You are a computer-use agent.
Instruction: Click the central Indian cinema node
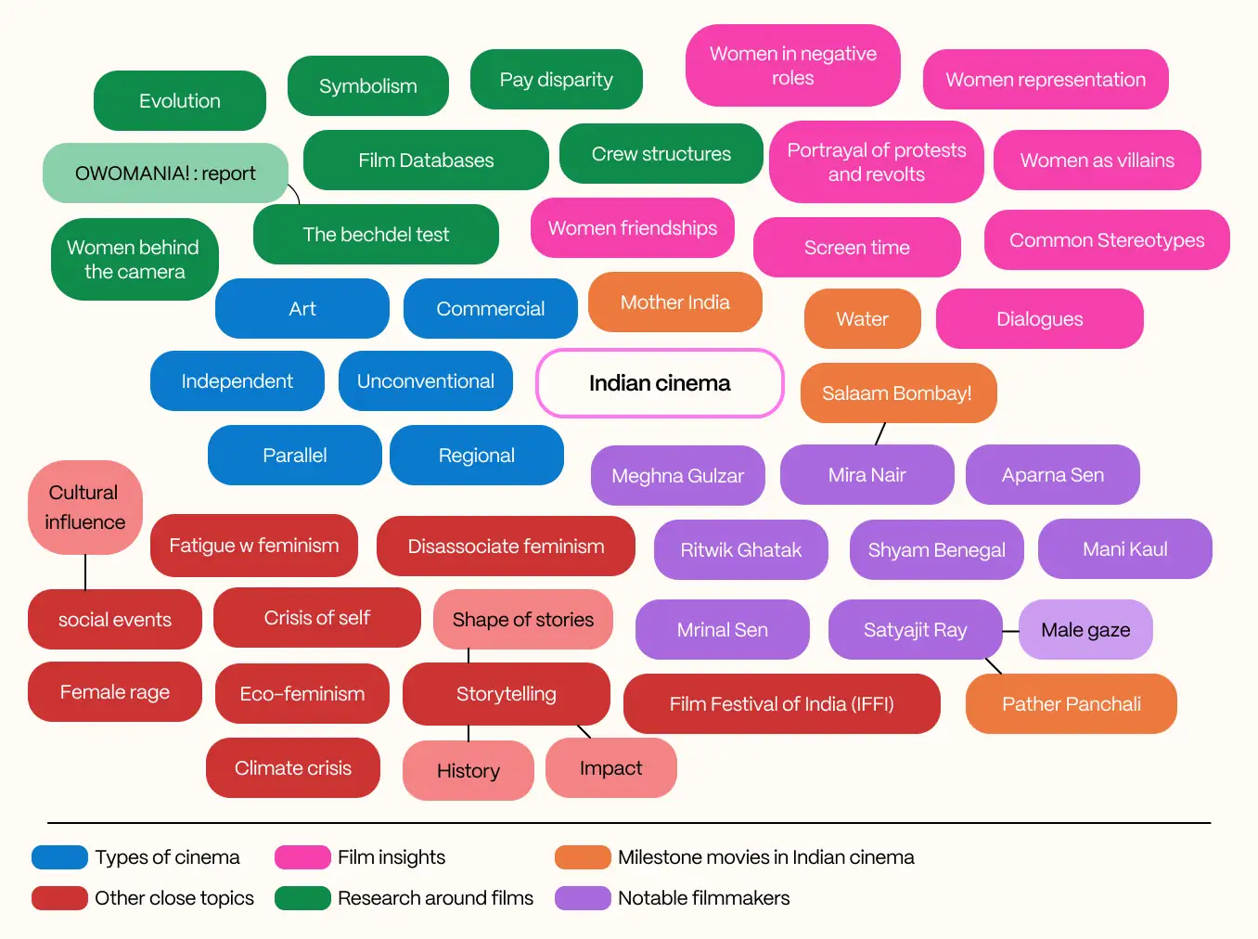coord(660,383)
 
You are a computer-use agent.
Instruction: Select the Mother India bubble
coord(674,302)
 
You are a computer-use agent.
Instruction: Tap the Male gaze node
coord(1085,630)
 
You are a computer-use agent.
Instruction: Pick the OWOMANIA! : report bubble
coord(165,174)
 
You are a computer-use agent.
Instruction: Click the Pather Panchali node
coord(1071,704)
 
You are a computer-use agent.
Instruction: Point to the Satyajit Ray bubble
coord(915,630)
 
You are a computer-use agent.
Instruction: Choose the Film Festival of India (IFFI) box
coord(781,704)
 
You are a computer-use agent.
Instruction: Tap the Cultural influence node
coord(84,508)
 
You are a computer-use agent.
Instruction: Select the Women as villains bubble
coord(1097,161)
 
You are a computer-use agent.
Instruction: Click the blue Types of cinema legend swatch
coord(59,857)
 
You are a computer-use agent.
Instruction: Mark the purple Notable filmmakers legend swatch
coord(583,898)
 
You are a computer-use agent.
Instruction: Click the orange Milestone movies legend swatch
coord(583,857)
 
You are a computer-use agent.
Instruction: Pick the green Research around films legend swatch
coord(302,898)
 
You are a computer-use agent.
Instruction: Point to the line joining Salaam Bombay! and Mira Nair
coord(880,433)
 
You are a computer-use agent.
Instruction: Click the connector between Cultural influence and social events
coord(85,572)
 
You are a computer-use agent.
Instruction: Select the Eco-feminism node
coord(302,694)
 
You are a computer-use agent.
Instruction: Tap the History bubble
coord(468,771)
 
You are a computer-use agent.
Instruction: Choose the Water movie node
coord(862,319)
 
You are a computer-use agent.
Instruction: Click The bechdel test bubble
coord(376,235)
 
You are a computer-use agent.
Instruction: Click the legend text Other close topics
coord(174,898)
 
